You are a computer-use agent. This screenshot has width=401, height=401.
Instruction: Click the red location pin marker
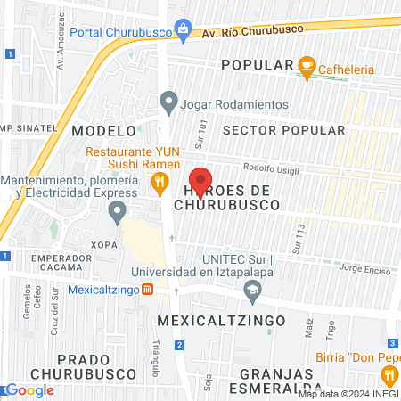click(201, 180)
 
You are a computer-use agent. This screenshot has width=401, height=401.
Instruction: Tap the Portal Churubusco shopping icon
click(183, 29)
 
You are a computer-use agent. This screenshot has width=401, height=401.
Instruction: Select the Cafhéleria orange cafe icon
click(307, 65)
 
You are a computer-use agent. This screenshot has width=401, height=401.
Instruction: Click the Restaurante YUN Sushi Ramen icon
click(160, 184)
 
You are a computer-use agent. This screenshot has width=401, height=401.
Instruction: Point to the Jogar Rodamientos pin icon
click(168, 103)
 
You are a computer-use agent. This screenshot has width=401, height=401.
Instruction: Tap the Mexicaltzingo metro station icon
click(148, 290)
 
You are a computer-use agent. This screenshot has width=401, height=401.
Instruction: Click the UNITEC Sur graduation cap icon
click(254, 289)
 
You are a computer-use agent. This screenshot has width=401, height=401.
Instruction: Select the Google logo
click(29, 389)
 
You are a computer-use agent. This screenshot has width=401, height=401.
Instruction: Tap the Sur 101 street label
click(202, 133)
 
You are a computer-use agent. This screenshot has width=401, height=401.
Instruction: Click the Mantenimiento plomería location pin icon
click(116, 212)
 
